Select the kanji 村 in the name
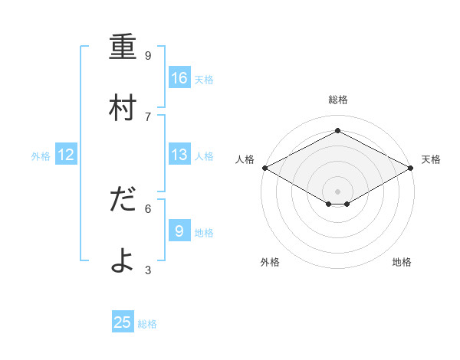123,108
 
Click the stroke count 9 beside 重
148,56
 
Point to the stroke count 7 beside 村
148,116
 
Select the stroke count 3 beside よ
148,270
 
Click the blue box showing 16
179,78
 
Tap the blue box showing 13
179,155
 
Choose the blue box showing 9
179,231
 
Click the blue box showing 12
66,155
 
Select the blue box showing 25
123,322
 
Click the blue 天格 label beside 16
204,80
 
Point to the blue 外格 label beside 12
41,156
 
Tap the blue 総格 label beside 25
147,324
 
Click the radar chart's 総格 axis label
337,100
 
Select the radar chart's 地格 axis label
402,262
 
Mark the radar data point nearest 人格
264,168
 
